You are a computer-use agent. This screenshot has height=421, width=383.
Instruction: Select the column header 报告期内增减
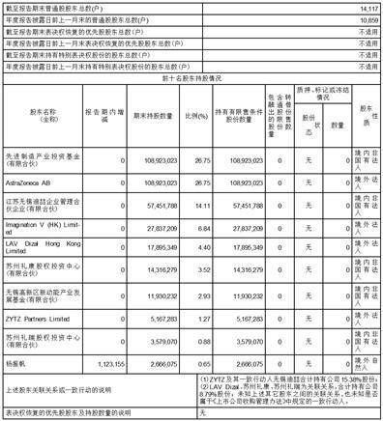(x=103, y=111)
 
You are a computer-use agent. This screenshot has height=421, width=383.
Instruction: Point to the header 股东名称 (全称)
(x=38, y=111)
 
